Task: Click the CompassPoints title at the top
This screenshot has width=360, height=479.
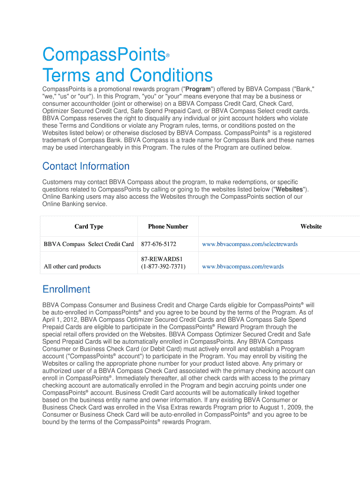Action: coord(103,55)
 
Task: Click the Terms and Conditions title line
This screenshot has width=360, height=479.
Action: coord(127,75)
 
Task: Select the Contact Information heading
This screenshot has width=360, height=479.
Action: coord(86,166)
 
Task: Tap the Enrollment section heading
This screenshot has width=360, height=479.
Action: coord(66,289)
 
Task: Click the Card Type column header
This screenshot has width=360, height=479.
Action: coord(89,226)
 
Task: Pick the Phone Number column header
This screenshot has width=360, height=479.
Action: coord(168,226)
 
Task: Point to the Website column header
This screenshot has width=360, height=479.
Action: coord(311,226)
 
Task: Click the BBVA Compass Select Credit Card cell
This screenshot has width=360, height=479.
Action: coord(89,244)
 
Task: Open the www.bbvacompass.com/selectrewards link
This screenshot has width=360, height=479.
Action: coord(250,244)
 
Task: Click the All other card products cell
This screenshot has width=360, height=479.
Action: coord(72,267)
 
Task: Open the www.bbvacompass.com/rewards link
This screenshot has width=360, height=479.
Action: coord(243,267)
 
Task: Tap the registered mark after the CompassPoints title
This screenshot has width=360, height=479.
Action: coord(167,56)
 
